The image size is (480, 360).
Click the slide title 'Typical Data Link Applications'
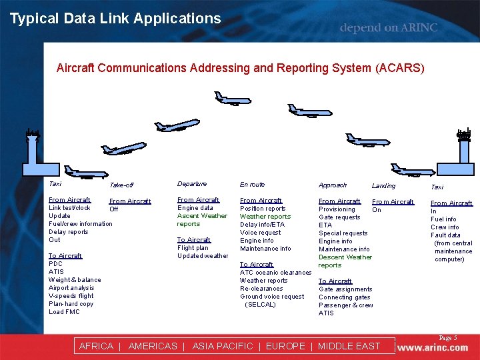click(115, 19)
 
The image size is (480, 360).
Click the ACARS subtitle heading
click(240, 68)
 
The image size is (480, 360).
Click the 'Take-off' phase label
click(121, 185)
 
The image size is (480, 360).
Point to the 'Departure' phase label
click(192, 184)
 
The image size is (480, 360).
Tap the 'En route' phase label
click(252, 184)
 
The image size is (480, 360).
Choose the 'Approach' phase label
click(333, 185)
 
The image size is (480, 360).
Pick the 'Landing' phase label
click(383, 186)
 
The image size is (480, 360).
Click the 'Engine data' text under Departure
click(195, 208)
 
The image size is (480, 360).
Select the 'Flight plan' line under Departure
click(193, 248)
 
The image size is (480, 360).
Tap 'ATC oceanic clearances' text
click(275, 273)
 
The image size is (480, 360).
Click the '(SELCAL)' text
click(260, 305)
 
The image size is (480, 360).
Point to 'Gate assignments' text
click(345, 289)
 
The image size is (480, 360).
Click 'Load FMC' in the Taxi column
click(64, 312)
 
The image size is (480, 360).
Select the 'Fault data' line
click(445, 235)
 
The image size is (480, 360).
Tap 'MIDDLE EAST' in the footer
click(349, 346)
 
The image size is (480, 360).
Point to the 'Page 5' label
click(447, 338)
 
